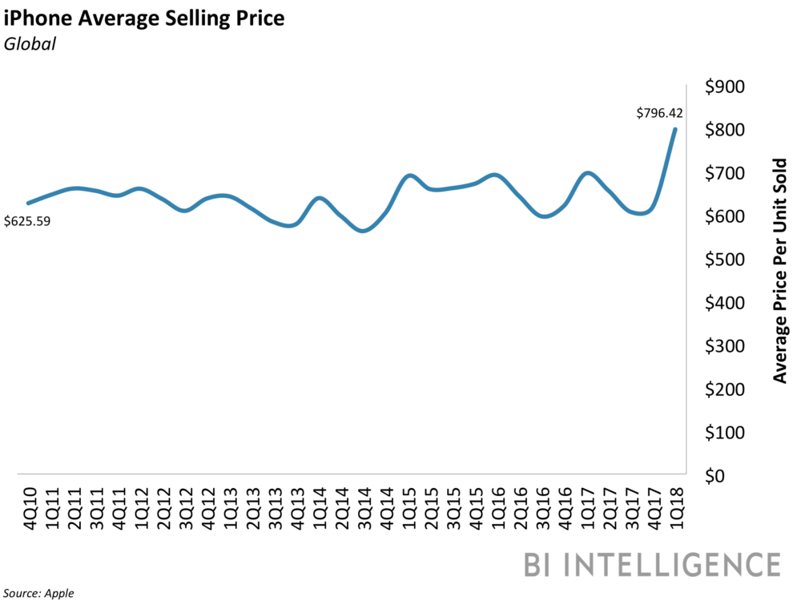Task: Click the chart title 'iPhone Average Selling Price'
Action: coord(144,18)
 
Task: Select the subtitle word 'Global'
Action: coord(30,45)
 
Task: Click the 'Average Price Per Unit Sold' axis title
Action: coord(780,270)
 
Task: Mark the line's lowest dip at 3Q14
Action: coord(364,231)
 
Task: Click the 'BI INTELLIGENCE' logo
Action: coord(652,563)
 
